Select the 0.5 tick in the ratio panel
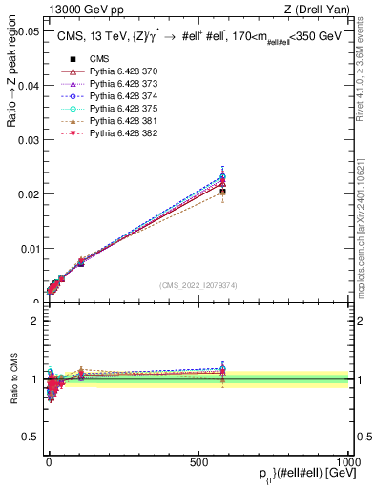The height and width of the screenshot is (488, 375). tap(31, 437)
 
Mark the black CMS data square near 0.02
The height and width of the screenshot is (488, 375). tap(222, 193)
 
